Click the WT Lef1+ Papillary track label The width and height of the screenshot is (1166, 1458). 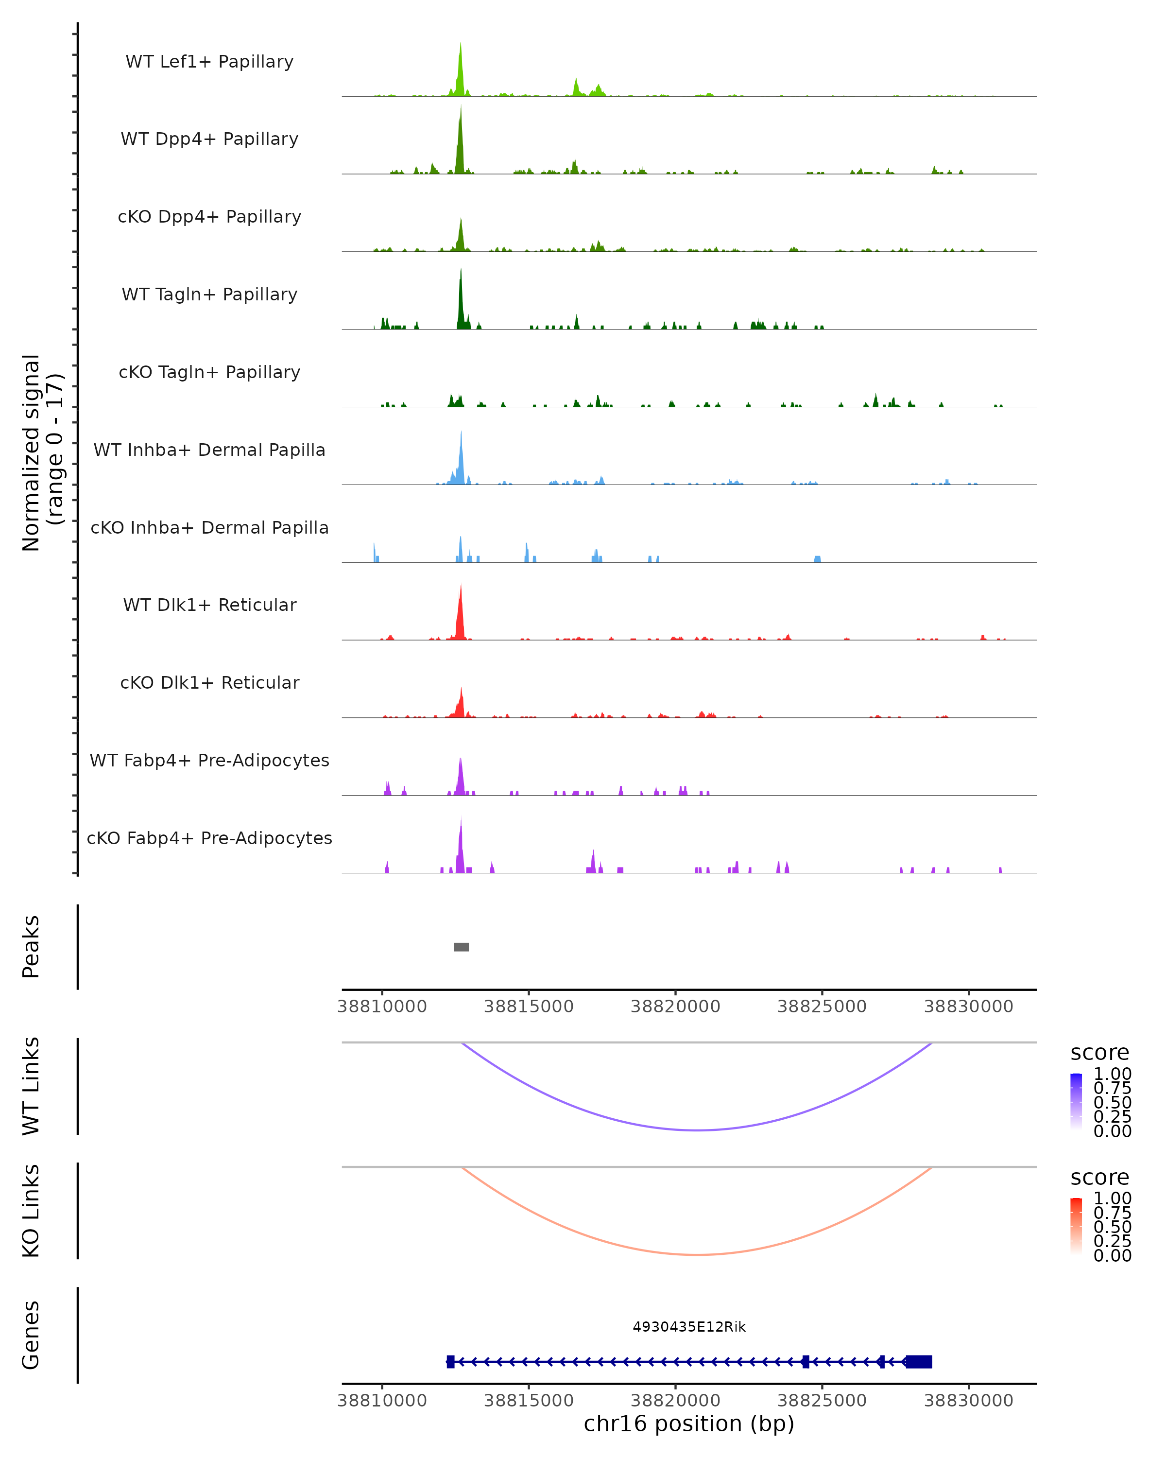coord(209,62)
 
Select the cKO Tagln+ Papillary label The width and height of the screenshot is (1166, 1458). coord(209,372)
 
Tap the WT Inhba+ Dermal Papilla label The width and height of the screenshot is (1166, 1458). coord(209,450)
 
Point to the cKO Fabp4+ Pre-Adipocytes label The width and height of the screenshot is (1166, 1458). coord(209,838)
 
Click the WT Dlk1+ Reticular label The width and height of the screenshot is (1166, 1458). coord(209,605)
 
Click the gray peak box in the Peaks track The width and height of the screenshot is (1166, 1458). coord(461,947)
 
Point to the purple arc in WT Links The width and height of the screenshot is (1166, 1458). coord(696,1130)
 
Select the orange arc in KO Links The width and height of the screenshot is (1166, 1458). coord(696,1254)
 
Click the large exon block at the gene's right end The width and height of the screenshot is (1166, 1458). coord(919,1361)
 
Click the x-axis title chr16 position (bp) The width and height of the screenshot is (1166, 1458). coord(689,1424)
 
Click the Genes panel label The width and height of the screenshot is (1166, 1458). coord(31,1335)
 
